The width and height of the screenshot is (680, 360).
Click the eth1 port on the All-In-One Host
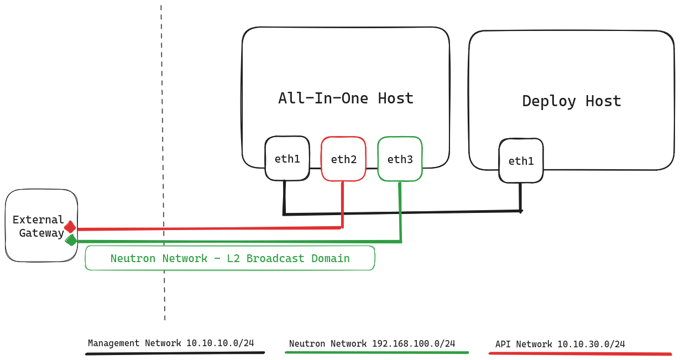(x=287, y=159)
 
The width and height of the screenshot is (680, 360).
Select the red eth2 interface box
(x=343, y=159)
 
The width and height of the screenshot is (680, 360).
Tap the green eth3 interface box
(x=400, y=159)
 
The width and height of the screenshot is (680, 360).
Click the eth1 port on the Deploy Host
(x=521, y=161)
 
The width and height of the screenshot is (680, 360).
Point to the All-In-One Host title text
(x=346, y=98)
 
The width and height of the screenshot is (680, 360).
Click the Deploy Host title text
(x=572, y=101)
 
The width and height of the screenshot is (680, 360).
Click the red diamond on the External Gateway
(x=70, y=227)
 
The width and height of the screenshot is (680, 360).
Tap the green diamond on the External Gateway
(x=71, y=240)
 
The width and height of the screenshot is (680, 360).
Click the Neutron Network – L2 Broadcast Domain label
(x=230, y=258)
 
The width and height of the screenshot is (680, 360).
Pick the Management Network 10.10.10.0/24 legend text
(x=171, y=343)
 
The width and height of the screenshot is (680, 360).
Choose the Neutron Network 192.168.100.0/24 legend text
(x=372, y=343)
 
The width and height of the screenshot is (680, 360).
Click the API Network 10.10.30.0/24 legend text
(x=560, y=344)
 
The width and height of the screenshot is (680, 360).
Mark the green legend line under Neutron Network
(x=376, y=352)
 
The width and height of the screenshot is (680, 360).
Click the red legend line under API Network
(x=580, y=353)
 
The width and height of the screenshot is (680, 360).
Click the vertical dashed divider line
(x=163, y=166)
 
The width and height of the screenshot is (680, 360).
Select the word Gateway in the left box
(x=41, y=233)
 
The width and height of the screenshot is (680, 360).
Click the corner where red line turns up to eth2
(x=342, y=227)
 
